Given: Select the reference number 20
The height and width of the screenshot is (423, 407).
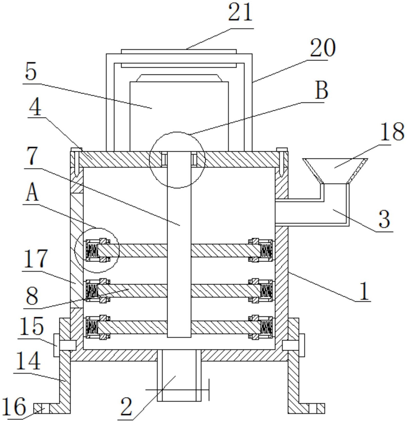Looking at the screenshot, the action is [322, 48].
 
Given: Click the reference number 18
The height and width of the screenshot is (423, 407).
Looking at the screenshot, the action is [392, 132].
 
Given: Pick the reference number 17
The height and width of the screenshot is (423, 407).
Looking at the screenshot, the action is [35, 258].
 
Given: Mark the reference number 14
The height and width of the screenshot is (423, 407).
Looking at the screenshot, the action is [28, 361].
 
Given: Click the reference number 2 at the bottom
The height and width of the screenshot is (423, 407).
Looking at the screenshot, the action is [126, 407].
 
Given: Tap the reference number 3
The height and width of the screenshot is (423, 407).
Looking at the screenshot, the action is [384, 219].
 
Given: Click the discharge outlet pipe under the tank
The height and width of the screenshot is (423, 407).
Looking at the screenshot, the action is [179, 375].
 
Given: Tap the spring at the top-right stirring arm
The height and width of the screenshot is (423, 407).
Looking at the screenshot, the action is [266, 250].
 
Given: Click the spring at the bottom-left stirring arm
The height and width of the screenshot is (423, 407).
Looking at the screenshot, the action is [91, 327].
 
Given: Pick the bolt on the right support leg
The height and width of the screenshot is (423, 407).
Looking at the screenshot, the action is [294, 345].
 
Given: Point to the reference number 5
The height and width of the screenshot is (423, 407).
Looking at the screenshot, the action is [31, 72].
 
